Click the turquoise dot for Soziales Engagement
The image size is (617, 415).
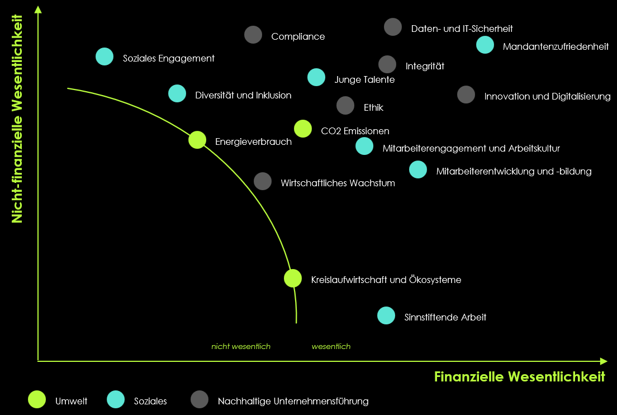(x=105, y=56)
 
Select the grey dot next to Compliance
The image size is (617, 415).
(x=253, y=35)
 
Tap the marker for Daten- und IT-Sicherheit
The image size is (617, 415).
(x=393, y=27)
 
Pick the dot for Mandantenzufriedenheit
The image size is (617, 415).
(x=485, y=45)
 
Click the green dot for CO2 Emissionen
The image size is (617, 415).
(x=302, y=129)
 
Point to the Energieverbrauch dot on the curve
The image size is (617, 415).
(x=197, y=140)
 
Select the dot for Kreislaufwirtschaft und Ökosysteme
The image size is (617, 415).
(x=293, y=279)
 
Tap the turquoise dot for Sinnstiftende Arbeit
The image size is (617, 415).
(x=386, y=315)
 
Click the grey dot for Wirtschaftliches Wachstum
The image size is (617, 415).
(x=263, y=181)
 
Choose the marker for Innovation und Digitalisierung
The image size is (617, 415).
(x=466, y=95)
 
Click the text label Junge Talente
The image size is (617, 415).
(x=364, y=79)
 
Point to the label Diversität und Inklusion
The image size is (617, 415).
(x=243, y=95)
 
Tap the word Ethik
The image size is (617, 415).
(x=373, y=107)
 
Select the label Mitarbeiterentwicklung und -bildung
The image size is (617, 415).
(x=514, y=171)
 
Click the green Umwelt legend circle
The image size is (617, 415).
(x=37, y=399)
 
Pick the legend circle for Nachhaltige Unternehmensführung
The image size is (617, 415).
(x=200, y=399)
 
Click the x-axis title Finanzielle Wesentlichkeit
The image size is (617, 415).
(x=519, y=377)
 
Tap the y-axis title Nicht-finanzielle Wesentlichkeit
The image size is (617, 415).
(x=17, y=119)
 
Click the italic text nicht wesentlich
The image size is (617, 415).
(x=241, y=347)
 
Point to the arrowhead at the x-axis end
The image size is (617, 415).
(x=604, y=361)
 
